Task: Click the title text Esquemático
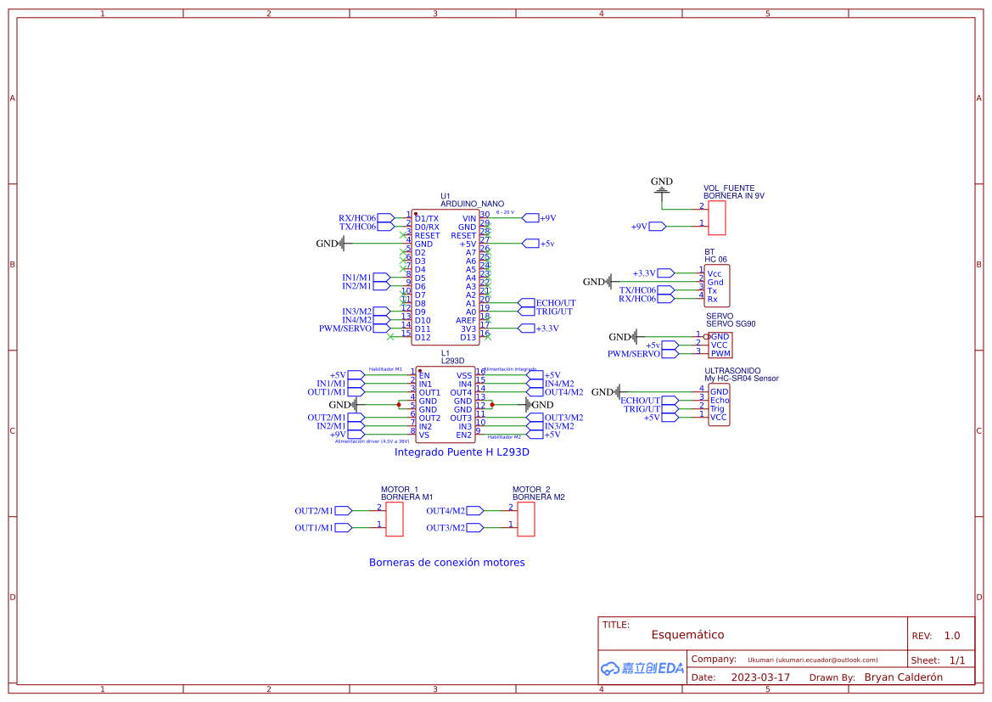687,635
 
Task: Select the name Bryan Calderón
903,677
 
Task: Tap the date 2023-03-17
760,677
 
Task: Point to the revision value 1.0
951,636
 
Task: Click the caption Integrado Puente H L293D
462,452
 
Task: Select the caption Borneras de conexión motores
446,562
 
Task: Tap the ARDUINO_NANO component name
472,205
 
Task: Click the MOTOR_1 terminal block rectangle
395,519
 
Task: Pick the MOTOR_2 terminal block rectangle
526,519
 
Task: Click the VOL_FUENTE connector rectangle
717,218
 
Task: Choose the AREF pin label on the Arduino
466,320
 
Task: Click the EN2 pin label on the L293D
463,435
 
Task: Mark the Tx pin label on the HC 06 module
713,290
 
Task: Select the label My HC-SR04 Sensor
741,379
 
